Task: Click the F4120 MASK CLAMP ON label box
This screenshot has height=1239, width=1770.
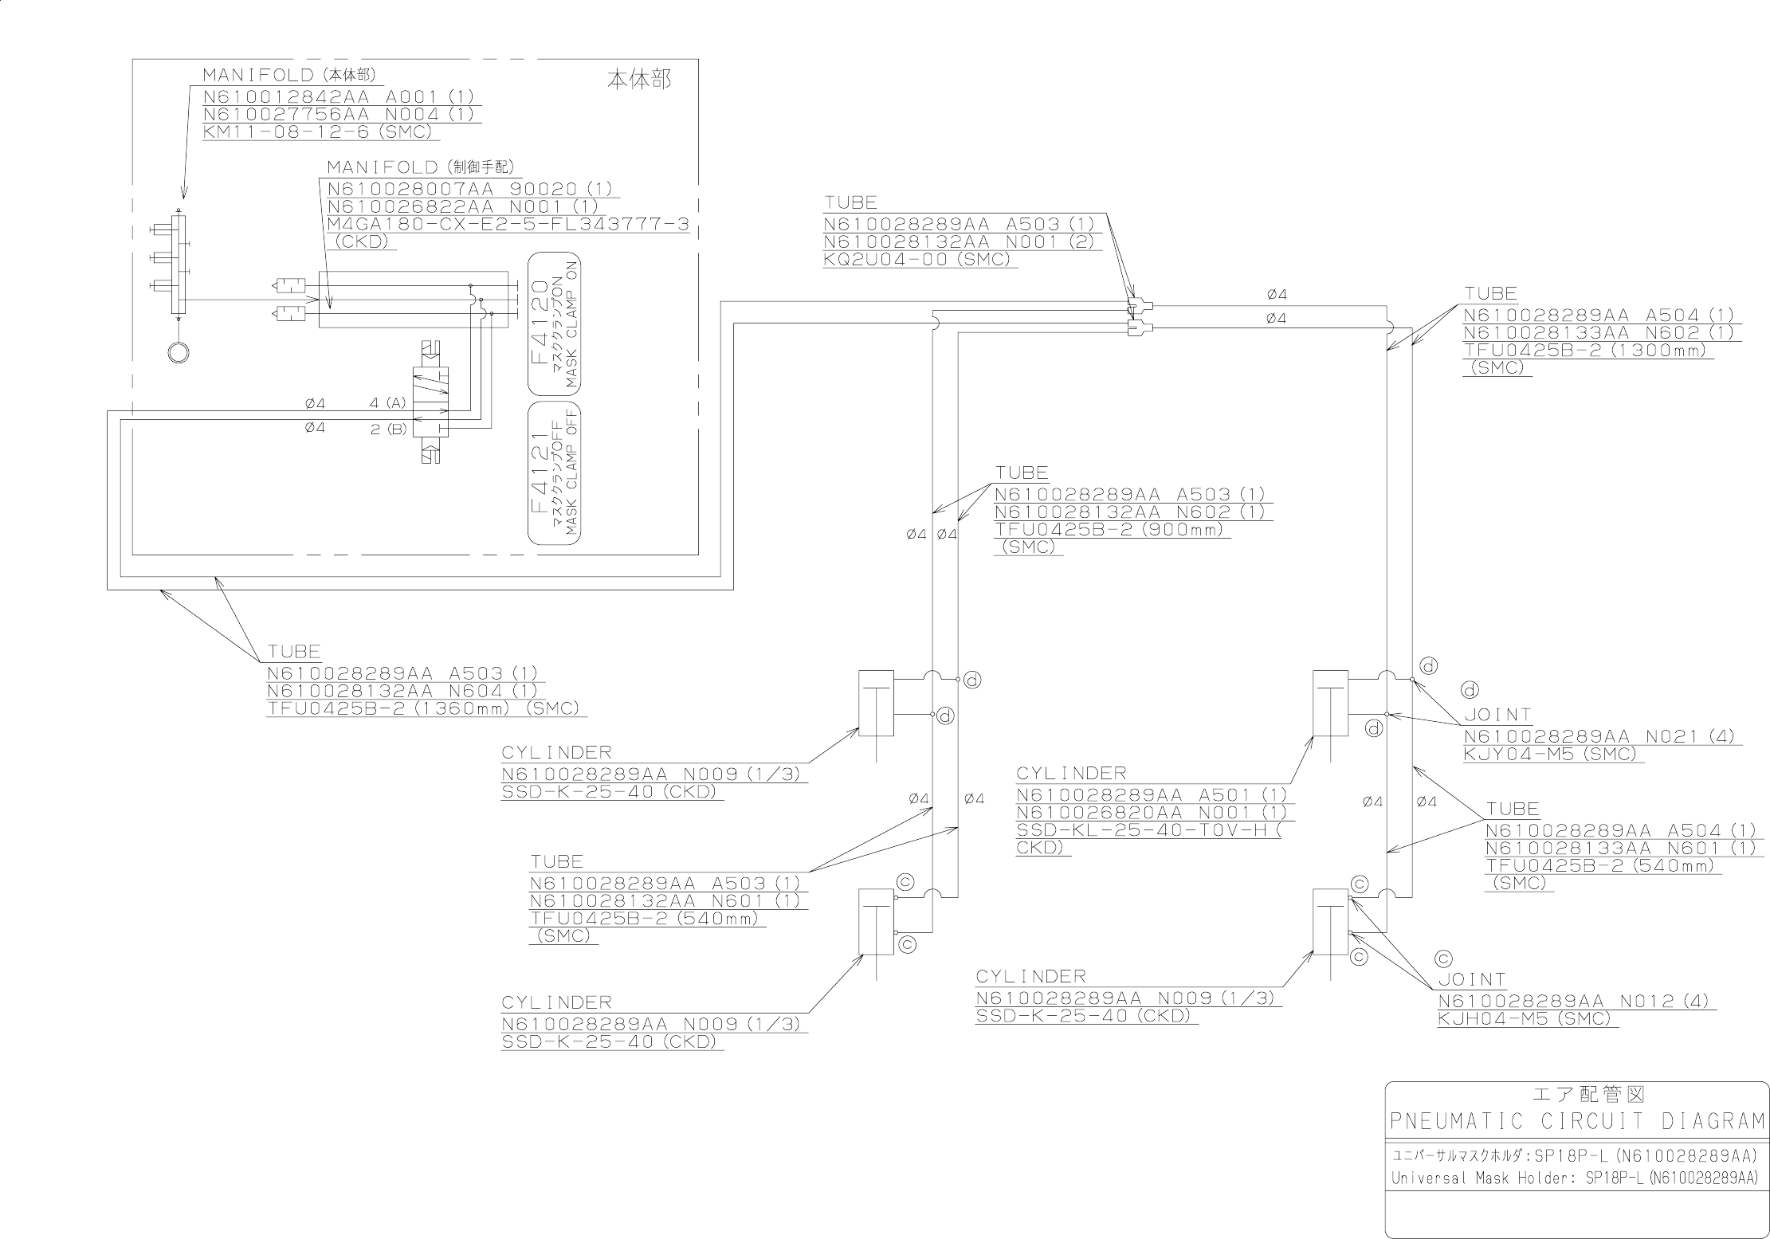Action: [555, 323]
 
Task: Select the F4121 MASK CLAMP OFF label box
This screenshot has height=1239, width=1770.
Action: [555, 473]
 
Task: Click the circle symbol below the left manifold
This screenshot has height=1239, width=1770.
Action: [179, 351]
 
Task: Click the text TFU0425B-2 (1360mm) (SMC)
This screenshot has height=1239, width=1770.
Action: [423, 709]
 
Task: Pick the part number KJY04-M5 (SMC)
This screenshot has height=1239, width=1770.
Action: [1550, 754]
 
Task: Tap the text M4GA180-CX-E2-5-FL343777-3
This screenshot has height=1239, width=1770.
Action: [508, 225]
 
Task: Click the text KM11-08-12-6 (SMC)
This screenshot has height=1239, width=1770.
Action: [317, 132]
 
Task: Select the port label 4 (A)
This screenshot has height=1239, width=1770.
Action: [388, 404]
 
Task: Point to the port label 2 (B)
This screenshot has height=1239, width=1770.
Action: [388, 429]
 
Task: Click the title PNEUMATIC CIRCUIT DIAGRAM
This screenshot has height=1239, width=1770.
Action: [1576, 1122]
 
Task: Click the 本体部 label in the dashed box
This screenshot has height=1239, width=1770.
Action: [639, 80]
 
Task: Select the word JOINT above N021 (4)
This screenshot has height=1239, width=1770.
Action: [1498, 716]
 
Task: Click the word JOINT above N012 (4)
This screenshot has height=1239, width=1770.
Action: [1472, 980]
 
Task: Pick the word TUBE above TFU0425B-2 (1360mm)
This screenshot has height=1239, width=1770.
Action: [294, 652]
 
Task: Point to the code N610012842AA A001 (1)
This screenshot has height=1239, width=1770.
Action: [338, 97]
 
